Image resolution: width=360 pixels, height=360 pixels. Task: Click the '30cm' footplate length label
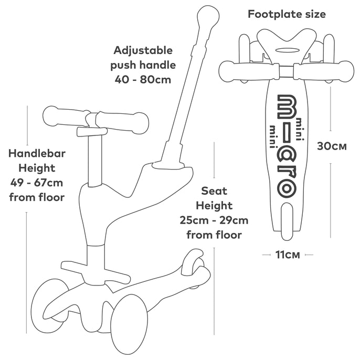(332, 146)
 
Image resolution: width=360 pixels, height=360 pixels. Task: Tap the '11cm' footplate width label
(288, 255)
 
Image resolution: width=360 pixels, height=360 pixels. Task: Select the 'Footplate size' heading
(287, 14)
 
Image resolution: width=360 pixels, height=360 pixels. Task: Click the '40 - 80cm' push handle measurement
(143, 80)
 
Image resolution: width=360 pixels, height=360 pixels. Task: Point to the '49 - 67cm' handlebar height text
(37, 183)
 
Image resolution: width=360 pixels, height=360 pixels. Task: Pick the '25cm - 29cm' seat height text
(214, 220)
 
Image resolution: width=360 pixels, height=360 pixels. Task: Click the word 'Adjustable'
(143, 51)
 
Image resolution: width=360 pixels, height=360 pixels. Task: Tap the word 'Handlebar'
(37, 153)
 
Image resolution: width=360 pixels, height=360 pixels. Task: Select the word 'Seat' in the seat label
(214, 191)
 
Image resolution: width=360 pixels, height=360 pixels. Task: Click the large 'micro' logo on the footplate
(287, 146)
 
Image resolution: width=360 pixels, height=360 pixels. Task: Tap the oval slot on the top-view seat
(287, 49)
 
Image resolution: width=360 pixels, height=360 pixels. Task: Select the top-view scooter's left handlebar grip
(249, 71)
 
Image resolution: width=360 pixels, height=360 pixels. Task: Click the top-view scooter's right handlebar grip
(324, 71)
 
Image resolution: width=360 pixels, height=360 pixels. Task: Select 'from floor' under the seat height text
(214, 235)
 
